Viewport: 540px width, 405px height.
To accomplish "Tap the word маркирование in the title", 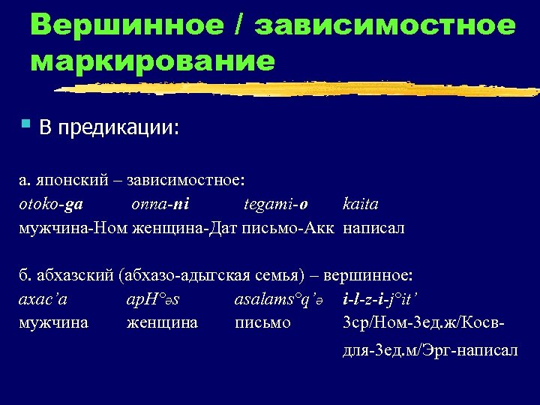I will pos(153,60).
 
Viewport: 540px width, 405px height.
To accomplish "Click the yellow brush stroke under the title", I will pos(300,88).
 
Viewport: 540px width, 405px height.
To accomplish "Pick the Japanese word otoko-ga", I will pos(50,204).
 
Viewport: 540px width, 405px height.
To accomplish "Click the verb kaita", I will pos(361,204).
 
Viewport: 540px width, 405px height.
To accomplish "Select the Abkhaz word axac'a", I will pos(42,299).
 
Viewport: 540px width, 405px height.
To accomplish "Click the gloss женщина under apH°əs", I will pos(163,322).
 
